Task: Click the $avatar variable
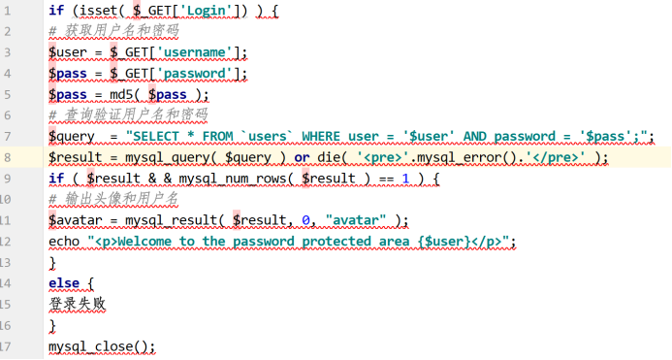point(76,220)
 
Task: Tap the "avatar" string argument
point(359,220)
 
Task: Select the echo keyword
point(64,242)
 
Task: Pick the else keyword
point(64,283)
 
